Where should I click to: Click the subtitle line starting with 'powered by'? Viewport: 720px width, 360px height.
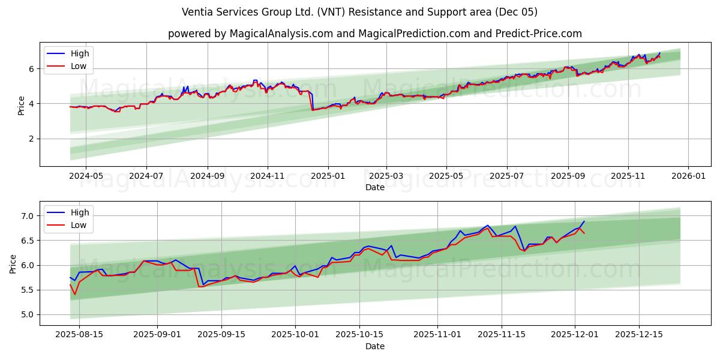(374, 34)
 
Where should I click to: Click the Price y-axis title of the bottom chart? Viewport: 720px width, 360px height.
(13, 263)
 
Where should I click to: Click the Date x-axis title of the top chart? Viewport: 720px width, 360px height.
(374, 187)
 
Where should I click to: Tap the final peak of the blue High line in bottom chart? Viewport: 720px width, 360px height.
(584, 221)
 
